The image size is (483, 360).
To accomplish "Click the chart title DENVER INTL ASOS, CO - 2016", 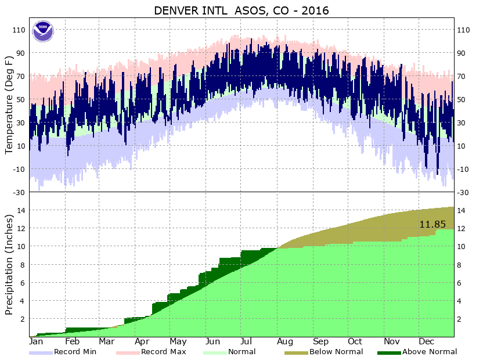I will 241,10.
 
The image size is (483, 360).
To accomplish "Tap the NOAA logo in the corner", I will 42,31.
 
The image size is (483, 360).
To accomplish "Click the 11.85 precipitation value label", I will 432,224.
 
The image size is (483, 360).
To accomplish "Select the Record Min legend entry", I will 75,352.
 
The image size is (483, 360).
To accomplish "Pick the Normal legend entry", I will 241,352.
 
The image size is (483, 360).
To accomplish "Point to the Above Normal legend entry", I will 430,352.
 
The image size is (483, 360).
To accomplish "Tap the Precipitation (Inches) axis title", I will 9,265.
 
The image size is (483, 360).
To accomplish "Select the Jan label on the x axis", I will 37,341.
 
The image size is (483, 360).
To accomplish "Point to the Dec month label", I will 426,341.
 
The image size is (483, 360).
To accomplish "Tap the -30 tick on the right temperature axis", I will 464,192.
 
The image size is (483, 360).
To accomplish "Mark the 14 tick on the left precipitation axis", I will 21,211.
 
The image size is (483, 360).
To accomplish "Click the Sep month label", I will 321,341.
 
